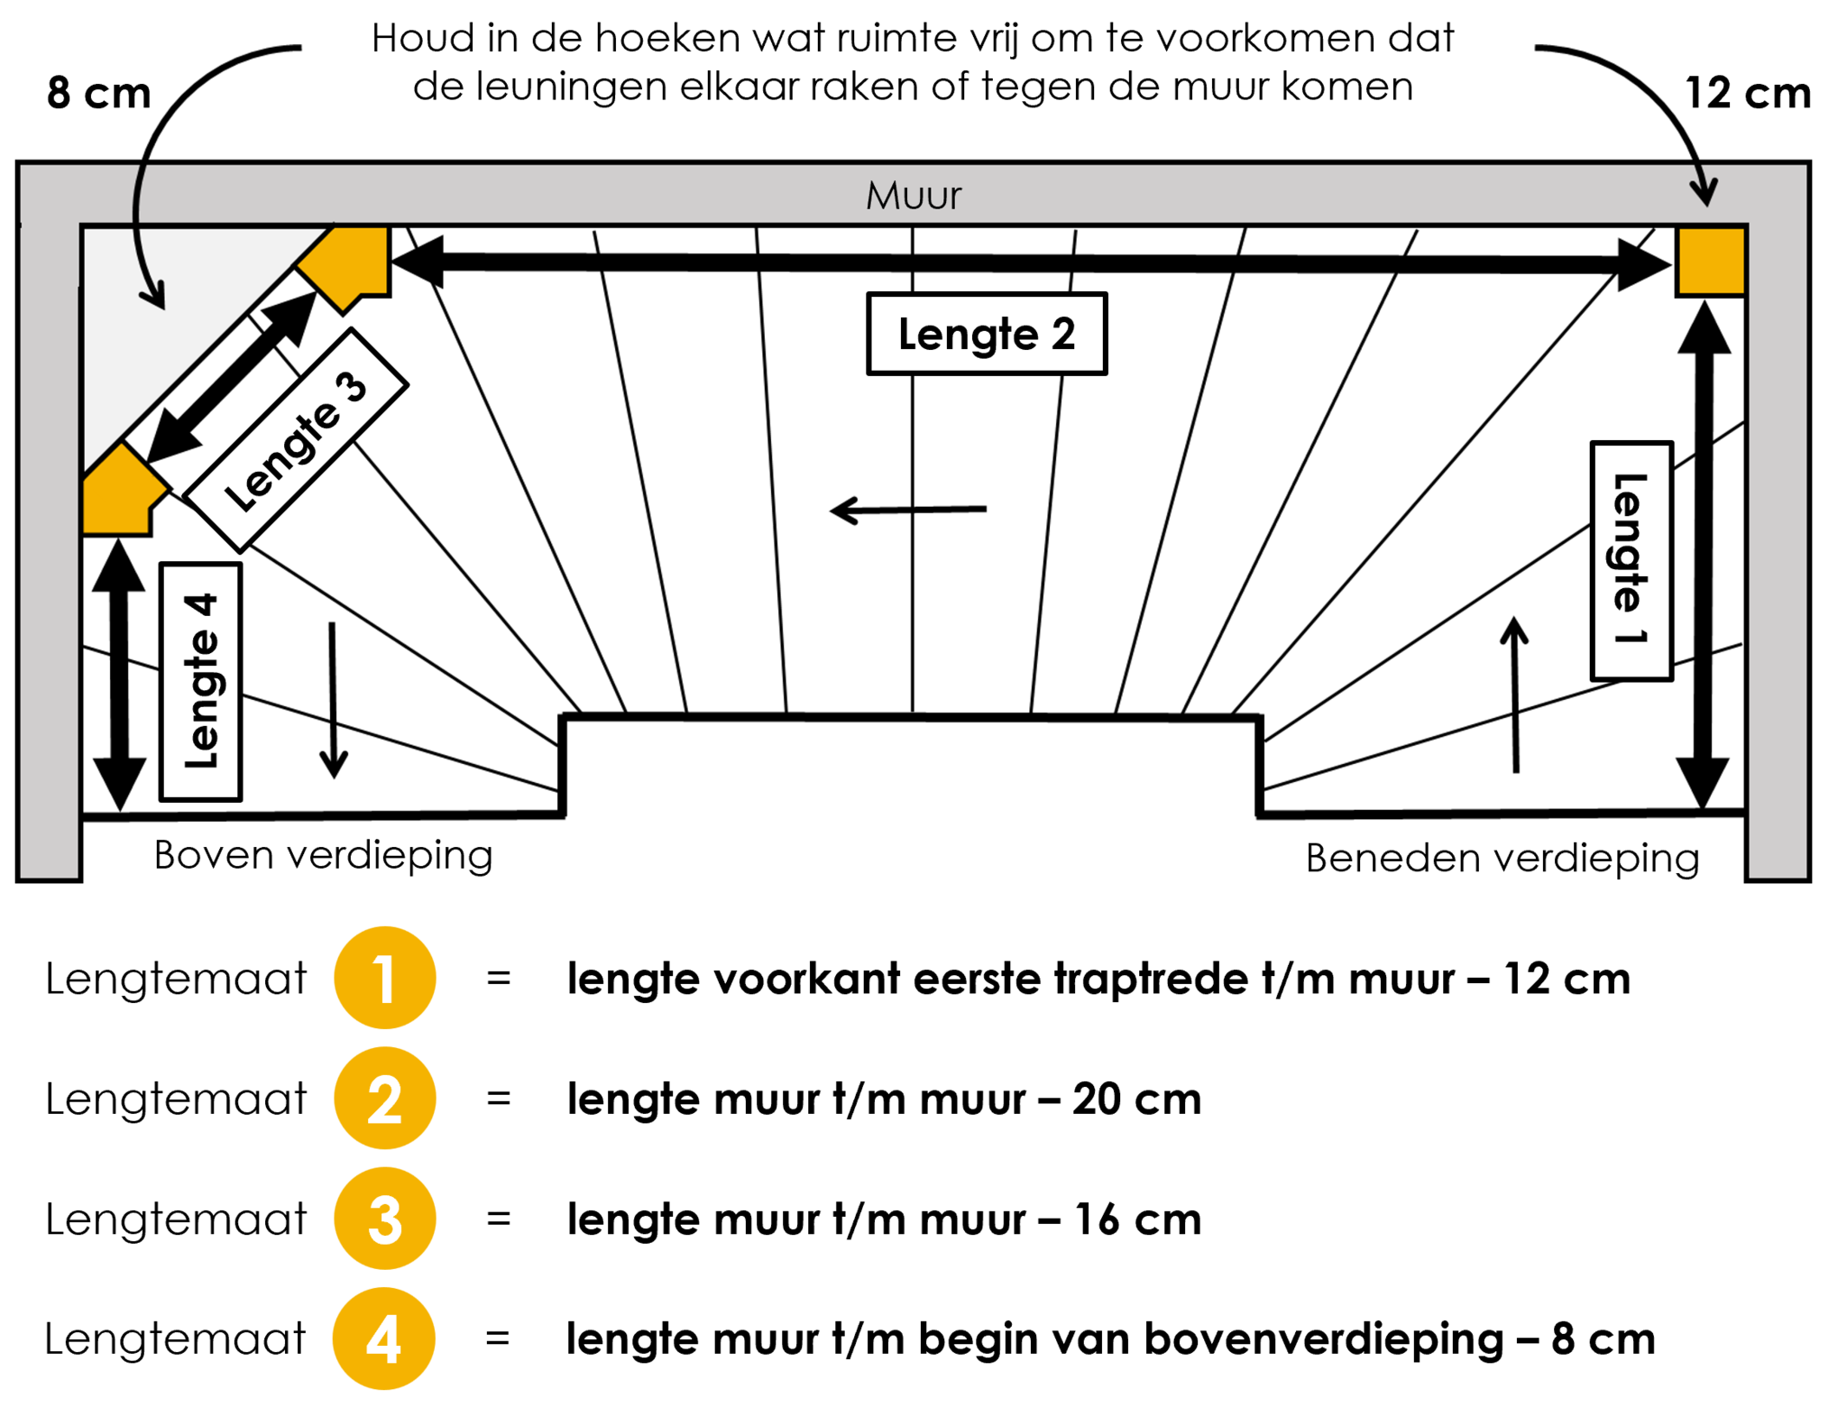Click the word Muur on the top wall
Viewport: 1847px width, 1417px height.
click(x=914, y=196)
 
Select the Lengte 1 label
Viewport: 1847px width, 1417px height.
click(x=1631, y=560)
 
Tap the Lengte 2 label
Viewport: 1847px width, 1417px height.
click(x=987, y=334)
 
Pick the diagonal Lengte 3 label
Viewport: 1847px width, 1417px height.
click(x=296, y=440)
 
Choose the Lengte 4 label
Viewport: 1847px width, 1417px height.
click(x=200, y=681)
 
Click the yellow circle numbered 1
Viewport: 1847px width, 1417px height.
click(x=385, y=978)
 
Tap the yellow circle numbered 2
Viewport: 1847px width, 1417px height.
click(x=385, y=1099)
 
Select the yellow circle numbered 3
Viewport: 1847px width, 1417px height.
click(x=385, y=1219)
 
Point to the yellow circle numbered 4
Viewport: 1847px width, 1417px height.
click(x=384, y=1339)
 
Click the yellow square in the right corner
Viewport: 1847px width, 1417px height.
click(x=1711, y=261)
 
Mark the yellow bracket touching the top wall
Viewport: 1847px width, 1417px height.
click(x=350, y=264)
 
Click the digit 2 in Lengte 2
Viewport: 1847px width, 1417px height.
click(x=1063, y=334)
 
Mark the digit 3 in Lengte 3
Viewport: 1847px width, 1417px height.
click(x=351, y=386)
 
